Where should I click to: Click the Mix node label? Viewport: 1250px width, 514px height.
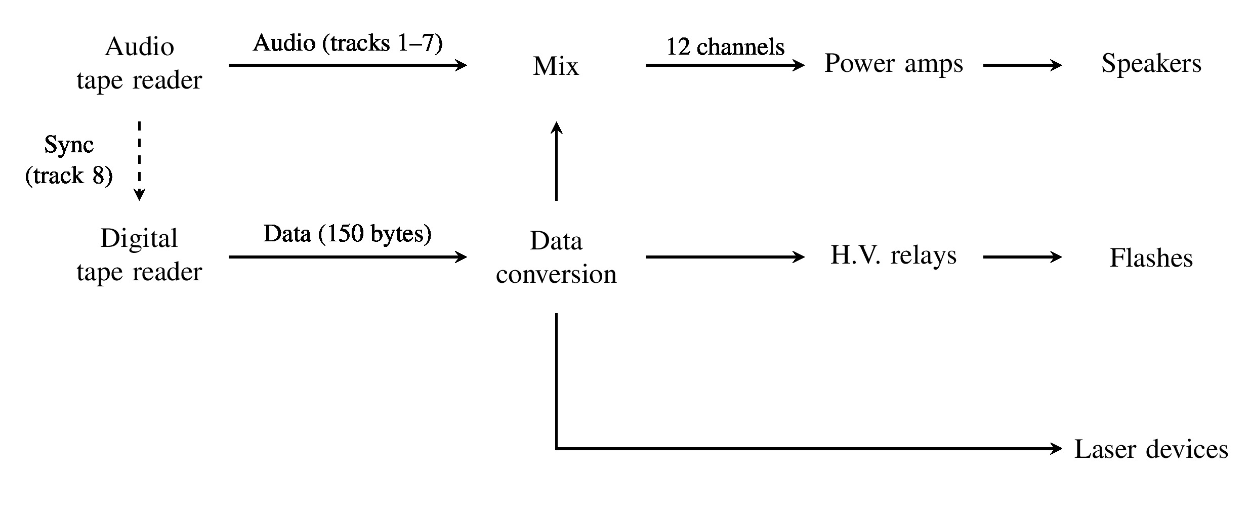[x=556, y=66]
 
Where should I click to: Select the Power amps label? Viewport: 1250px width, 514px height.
[x=894, y=64]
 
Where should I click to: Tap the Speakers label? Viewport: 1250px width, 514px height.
[x=1151, y=64]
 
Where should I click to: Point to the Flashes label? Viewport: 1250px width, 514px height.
[x=1151, y=258]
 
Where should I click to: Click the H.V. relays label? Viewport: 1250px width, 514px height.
[x=894, y=255]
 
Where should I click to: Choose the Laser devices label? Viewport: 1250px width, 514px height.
[x=1151, y=449]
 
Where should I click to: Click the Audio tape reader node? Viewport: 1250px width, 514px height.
[x=139, y=64]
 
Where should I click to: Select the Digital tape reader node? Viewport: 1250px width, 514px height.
[x=139, y=255]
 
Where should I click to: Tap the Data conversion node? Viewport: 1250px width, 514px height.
[x=556, y=258]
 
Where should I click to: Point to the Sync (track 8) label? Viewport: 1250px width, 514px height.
[x=69, y=160]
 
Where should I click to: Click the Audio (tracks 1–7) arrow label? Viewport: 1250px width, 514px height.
[x=348, y=44]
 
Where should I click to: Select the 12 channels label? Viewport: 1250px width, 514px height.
[x=725, y=47]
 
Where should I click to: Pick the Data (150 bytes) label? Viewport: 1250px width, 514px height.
[x=348, y=234]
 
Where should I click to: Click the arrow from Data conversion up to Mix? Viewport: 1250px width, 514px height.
[x=556, y=162]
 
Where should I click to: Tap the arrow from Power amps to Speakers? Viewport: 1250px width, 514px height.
[x=1022, y=65]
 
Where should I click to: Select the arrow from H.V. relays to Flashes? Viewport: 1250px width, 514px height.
[x=1022, y=257]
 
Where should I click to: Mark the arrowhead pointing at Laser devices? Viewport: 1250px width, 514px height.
[x=1057, y=448]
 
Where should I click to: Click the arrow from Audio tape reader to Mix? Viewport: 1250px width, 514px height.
[x=348, y=65]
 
